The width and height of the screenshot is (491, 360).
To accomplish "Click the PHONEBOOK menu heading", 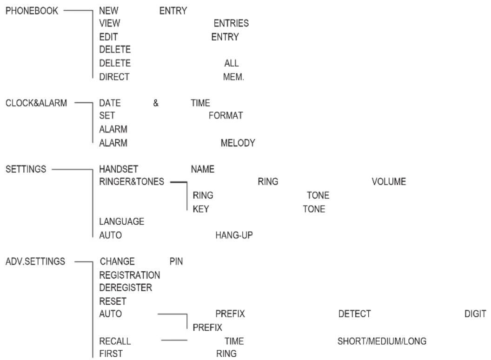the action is coord(32,11).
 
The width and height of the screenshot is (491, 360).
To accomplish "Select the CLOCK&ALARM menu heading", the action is coord(36,103).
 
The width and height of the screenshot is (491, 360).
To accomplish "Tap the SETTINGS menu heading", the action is coord(26,169).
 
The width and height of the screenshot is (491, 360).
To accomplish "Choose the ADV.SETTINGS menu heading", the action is coord(35,261).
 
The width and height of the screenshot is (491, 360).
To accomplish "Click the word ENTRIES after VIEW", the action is coord(231,23).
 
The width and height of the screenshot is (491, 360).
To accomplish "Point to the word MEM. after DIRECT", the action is coord(233,77).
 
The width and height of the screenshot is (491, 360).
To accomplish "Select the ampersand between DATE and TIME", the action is coord(156,103).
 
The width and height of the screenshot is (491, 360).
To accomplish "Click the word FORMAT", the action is coord(226,116).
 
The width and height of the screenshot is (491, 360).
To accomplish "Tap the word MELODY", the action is coord(238,143).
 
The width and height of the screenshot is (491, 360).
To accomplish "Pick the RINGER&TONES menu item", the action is coord(132,182).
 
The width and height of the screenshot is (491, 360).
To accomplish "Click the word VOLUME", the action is coord(389,182).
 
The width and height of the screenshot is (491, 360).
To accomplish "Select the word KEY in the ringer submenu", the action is coord(201,209).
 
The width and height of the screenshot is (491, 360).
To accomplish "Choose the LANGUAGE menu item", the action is coord(121,221).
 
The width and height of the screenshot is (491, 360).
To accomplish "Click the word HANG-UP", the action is coord(234,235).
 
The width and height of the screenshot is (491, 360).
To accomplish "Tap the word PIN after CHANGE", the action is coord(176,261).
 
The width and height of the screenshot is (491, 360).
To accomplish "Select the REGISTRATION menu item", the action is coord(129,275).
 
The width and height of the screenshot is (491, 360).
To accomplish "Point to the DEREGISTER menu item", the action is coord(126,287).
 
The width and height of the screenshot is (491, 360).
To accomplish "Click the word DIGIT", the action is coord(475,314).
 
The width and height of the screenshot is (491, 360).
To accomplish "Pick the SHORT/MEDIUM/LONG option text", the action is coord(382,341).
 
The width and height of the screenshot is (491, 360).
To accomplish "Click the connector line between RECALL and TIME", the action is coord(174,340).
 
